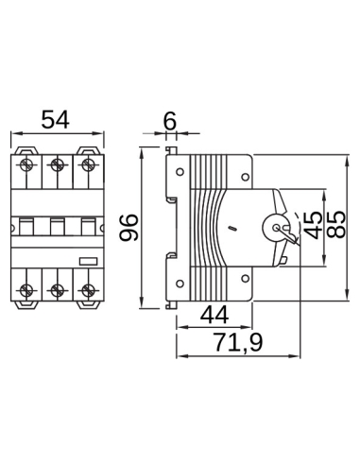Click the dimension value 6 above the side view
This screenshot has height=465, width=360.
tap(170, 120)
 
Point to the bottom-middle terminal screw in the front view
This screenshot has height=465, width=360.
tap(58, 288)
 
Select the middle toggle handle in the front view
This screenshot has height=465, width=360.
tap(58, 226)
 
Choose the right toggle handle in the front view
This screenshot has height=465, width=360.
tap(87, 226)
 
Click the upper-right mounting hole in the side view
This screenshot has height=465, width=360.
tap(245, 177)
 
